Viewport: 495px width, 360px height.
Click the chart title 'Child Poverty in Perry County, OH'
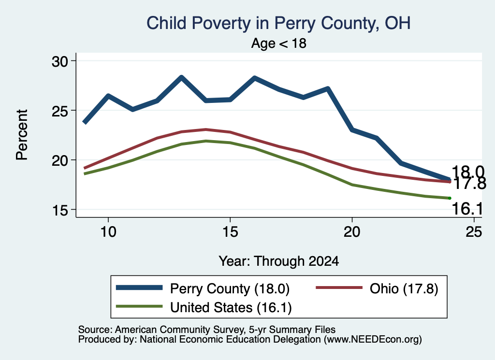pos(278,23)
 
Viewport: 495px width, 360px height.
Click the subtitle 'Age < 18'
pos(279,43)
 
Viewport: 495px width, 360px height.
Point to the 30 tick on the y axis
pos(59,61)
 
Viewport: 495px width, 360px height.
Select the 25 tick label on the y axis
pos(59,111)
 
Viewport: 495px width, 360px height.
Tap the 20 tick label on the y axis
pos(59,160)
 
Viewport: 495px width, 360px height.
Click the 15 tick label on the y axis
pos(59,210)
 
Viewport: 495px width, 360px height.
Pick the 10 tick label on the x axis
pos(108,232)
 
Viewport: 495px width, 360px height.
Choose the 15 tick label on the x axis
pos(230,232)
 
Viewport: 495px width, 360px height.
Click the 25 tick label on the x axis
pos(474,232)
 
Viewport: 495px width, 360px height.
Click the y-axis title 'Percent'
pos(22,135)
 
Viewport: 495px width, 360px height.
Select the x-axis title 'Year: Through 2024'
pos(279,261)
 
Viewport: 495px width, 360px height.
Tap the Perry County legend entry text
pos(230,288)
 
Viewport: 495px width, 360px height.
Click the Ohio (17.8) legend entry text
pos(404,288)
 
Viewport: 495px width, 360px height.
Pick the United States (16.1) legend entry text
pos(231,307)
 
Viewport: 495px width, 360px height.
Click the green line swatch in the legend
pos(139,306)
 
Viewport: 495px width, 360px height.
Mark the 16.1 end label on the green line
pos(467,209)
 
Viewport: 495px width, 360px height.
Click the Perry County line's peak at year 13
pos(181,77)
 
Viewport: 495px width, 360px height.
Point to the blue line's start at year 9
pos(85,122)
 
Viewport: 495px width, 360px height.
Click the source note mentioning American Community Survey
pos(207,330)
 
